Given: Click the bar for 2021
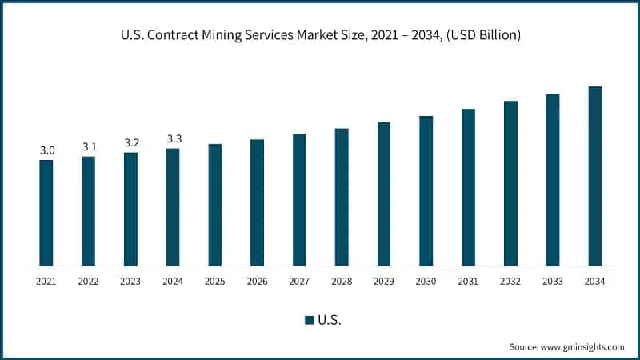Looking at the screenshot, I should (x=46, y=213).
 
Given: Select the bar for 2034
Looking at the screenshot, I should (x=594, y=176).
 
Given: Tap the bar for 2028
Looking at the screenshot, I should (x=342, y=197).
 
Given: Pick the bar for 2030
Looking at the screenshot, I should (x=426, y=190).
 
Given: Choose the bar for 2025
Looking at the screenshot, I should (x=215, y=205).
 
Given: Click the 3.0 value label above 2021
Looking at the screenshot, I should (x=47, y=150).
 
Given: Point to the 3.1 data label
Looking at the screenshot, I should (x=89, y=146).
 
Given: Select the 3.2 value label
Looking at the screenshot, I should (x=131, y=142).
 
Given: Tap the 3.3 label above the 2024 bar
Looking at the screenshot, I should (x=174, y=139).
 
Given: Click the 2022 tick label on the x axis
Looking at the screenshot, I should (x=89, y=281).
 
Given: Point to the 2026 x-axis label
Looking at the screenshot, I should (x=257, y=281).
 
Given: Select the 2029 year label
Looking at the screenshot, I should (x=383, y=281).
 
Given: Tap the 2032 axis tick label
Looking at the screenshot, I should (x=510, y=281).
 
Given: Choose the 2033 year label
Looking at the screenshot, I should (x=552, y=281).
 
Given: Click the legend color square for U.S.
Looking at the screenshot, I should (x=309, y=320).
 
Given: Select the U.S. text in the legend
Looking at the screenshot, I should (x=330, y=320).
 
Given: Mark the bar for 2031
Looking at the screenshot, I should (x=468, y=187).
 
